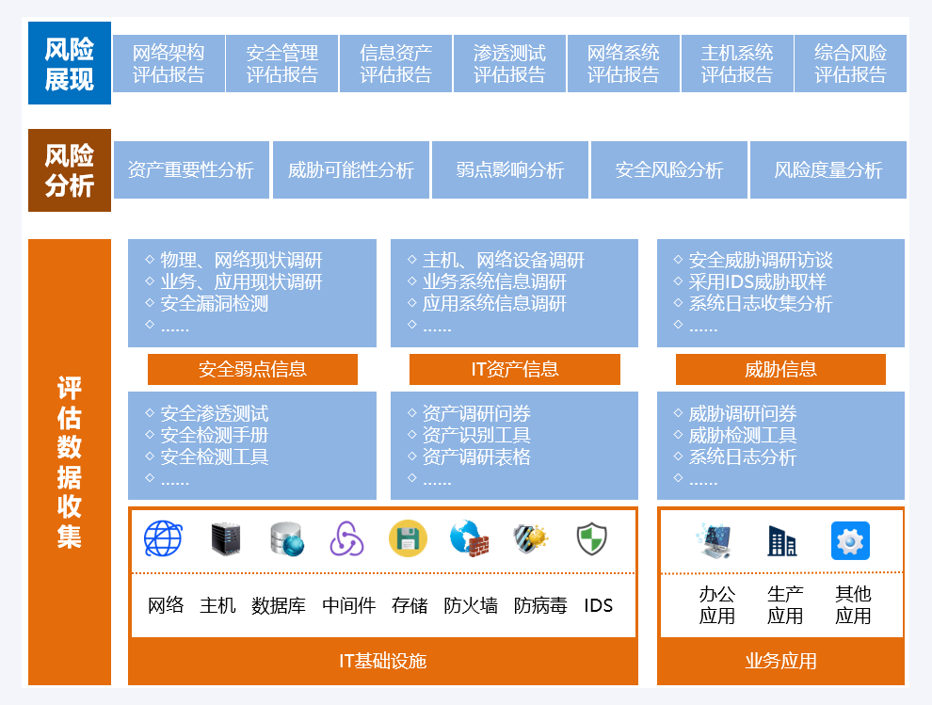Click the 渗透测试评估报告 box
coord(509,63)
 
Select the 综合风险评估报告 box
coord(850,63)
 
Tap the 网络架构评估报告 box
coord(169,63)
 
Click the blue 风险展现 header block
coord(70,63)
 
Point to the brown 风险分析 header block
coord(70,170)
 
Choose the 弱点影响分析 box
coord(510,170)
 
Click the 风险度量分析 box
coord(828,170)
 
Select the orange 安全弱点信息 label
coord(252,369)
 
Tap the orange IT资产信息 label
coord(515,369)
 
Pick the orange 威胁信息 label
coord(780,369)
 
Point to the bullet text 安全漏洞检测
coord(215,303)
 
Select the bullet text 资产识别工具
coord(476,435)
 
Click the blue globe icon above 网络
coord(163,539)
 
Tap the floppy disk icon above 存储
coord(408,539)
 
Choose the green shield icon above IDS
coord(591,539)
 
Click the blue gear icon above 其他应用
coord(850,541)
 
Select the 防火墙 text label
coord(471,605)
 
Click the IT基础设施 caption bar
coord(383,661)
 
